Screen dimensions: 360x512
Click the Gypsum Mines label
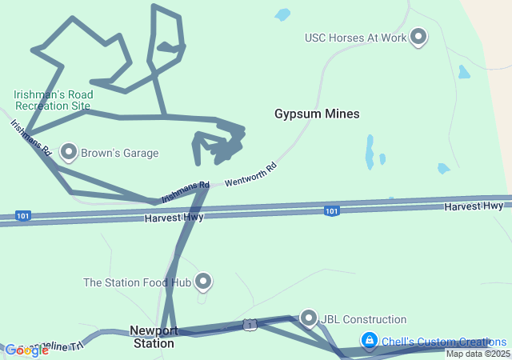pos(317,114)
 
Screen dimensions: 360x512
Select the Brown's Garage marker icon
pos(69,151)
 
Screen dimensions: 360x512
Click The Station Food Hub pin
pos(204,281)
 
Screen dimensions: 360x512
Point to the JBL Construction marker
pos(309,318)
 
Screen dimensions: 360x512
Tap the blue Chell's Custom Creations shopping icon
pos(369,340)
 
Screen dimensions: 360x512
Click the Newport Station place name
pos(152,337)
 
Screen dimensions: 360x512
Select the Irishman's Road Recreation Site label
pos(53,100)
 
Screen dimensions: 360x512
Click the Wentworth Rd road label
pos(250,174)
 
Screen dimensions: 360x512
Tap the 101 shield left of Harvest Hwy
pos(22,215)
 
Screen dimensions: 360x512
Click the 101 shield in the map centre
pos(331,210)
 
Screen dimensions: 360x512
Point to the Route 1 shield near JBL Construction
pos(250,325)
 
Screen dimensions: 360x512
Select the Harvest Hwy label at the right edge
pos(474,206)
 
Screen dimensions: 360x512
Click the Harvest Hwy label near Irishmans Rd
pos(174,218)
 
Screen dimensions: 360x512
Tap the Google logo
pos(26,350)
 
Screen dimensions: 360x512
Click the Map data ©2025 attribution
pos(477,354)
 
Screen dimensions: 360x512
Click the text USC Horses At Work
pos(355,38)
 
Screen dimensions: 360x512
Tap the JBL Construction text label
pos(363,320)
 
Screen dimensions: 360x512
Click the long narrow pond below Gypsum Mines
pos(370,151)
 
